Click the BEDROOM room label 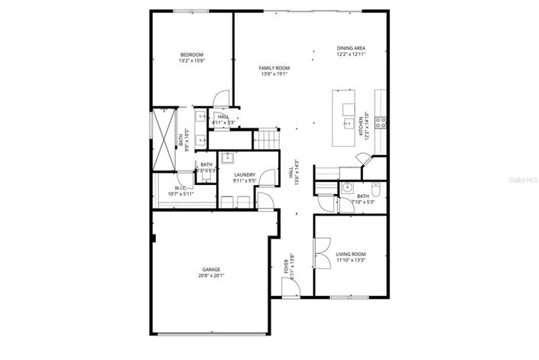click(192, 54)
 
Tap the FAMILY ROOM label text click(274, 68)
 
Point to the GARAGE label click(212, 269)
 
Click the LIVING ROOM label click(351, 254)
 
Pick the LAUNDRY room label click(245, 175)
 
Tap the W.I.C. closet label click(180, 188)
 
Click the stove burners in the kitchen click(381, 121)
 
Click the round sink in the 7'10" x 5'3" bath click(347, 186)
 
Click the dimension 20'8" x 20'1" click(212, 276)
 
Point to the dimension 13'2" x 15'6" click(192, 61)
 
